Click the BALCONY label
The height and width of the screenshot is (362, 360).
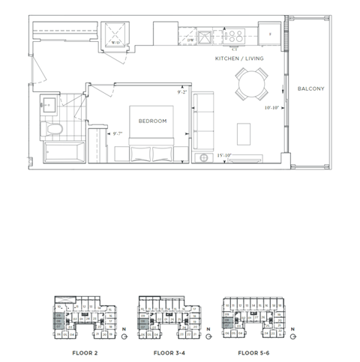(310, 89)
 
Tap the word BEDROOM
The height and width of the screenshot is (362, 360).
(152, 120)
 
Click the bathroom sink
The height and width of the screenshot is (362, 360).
(49, 103)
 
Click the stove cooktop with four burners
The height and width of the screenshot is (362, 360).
(233, 34)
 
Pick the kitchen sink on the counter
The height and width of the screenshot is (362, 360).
(203, 36)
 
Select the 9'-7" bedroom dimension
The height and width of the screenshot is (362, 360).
(116, 133)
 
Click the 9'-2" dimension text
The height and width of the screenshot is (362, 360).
(181, 93)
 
